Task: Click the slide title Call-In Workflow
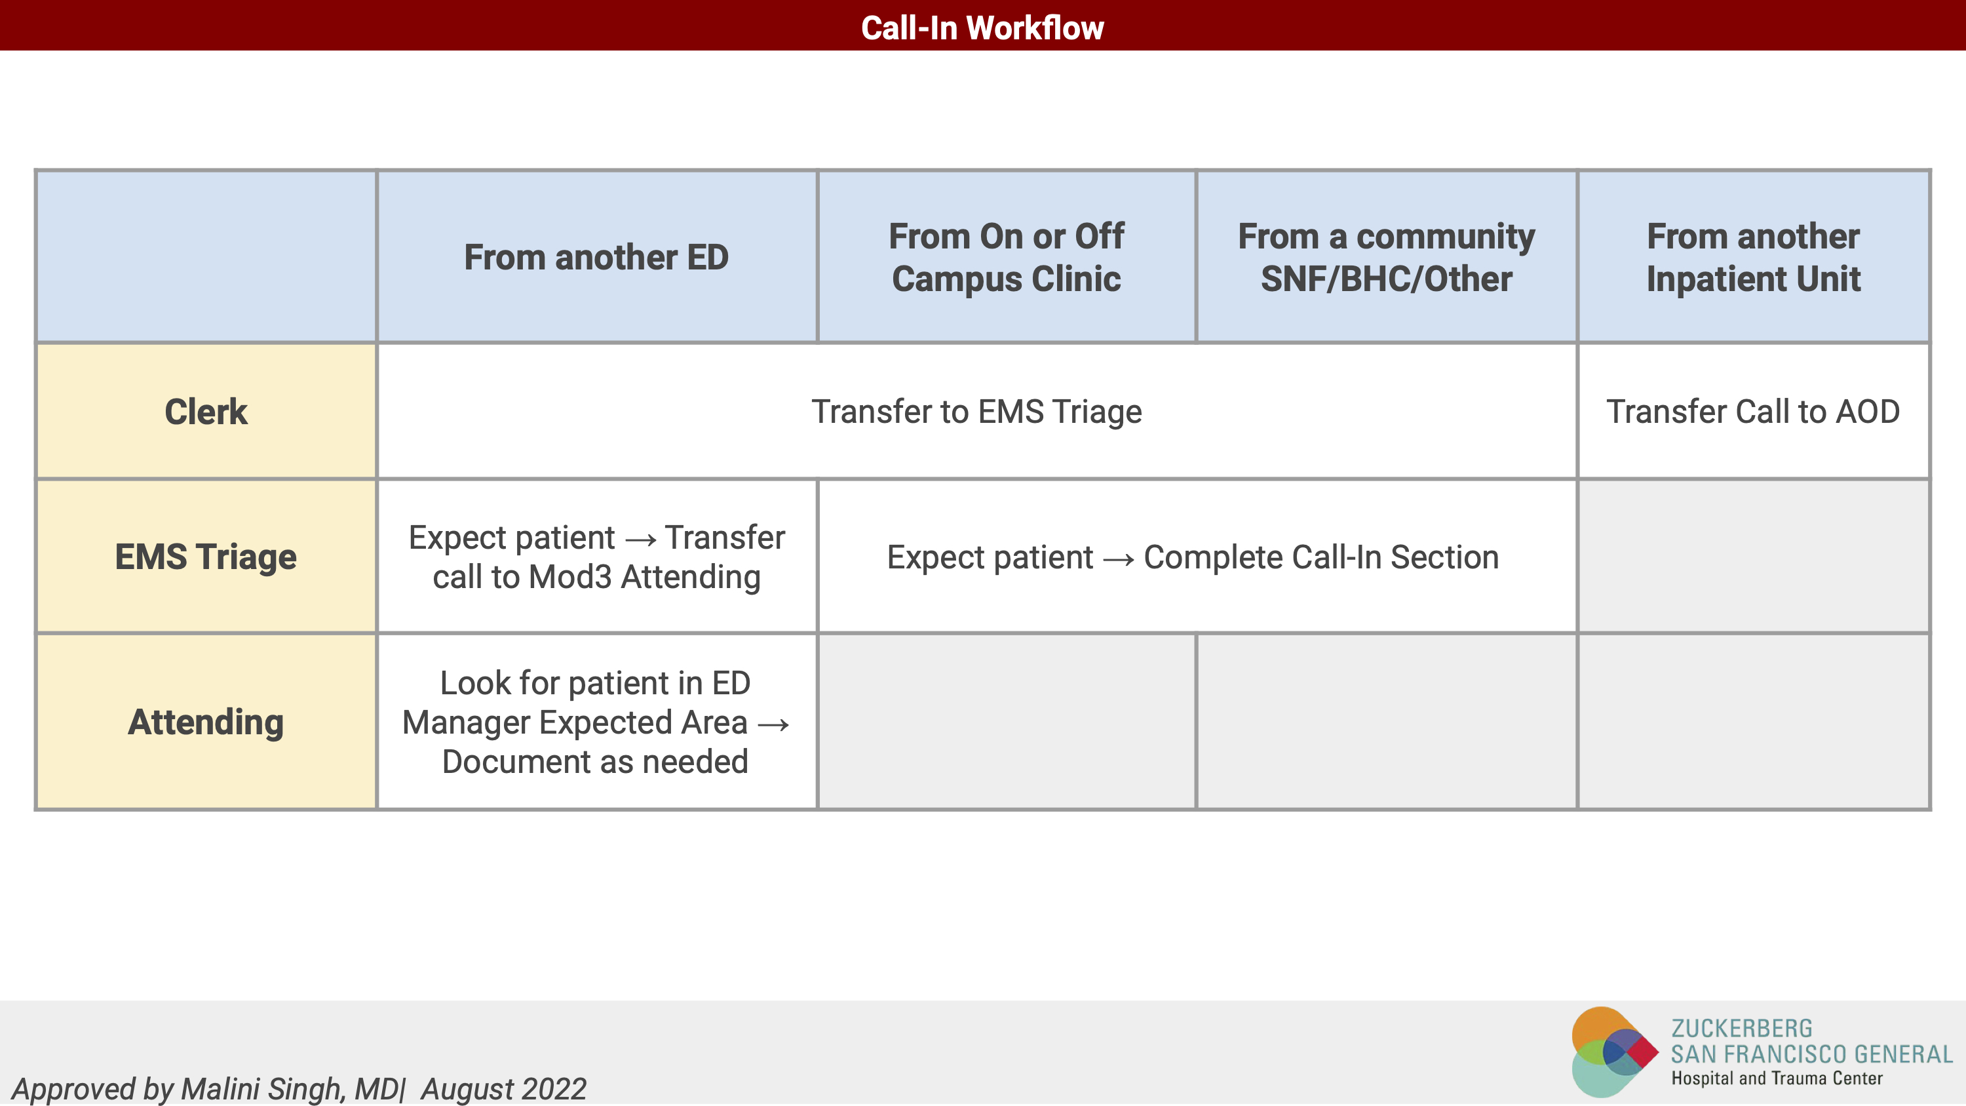982,28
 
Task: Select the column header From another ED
596,257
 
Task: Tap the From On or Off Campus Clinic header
1006,257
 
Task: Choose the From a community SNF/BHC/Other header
1386,257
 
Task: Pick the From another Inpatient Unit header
1753,257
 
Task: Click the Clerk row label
206,412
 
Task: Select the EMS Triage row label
206,557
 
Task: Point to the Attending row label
206,722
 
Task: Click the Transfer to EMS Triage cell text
977,412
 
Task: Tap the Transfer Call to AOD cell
1753,412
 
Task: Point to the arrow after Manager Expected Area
773,724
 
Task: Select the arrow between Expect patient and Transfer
640,540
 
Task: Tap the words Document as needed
595,762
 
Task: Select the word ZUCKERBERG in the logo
1742,1028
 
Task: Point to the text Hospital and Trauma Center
1777,1078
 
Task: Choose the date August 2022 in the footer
504,1089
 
